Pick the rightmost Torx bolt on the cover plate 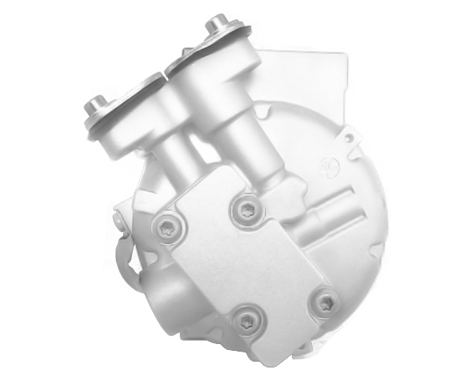click(321, 301)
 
